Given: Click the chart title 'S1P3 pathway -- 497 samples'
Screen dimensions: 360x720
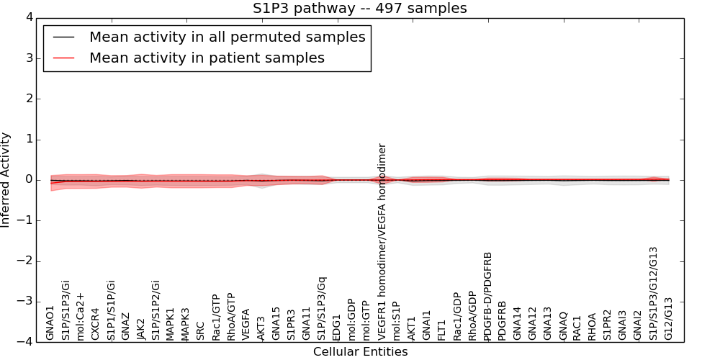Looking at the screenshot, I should tap(359, 9).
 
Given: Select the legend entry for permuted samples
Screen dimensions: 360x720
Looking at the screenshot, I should tap(227, 37).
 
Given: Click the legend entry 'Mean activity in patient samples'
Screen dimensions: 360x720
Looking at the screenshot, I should tap(207, 58).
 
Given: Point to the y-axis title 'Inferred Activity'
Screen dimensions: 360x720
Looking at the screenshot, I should tap(6, 180).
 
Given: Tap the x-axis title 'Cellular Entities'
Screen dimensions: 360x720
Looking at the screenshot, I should tap(360, 351).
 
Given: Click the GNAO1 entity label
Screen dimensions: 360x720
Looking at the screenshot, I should tap(50, 322).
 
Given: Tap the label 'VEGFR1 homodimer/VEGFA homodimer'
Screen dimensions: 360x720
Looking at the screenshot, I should tap(382, 241).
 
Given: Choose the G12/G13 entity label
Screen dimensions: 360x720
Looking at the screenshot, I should tap(668, 318).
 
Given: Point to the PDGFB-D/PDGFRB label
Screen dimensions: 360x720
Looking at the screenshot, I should tap(488, 296).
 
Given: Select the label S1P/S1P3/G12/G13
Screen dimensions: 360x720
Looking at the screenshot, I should tap(653, 293).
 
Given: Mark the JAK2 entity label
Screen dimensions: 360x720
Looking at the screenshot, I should tap(141, 328).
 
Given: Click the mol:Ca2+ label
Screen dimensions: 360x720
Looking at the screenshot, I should tap(81, 316).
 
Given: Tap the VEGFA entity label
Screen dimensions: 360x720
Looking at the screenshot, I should tap(246, 324).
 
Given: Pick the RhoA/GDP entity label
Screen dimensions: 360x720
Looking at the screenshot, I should tap(473, 315).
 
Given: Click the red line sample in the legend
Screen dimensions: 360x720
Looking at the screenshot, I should tap(63, 58).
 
